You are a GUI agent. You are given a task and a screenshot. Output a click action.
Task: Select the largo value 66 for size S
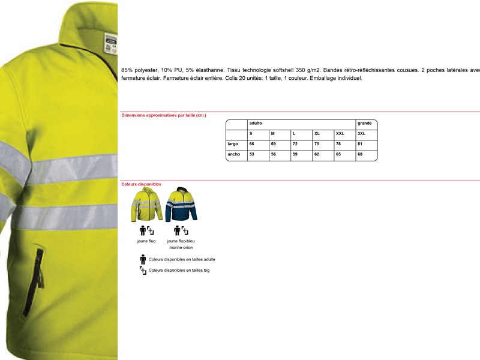[x=252, y=144]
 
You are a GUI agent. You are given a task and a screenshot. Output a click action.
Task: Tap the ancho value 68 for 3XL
[x=360, y=154]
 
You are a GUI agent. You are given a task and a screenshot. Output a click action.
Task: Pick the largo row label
[x=233, y=144]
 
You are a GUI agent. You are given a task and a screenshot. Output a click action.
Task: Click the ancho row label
[x=233, y=154]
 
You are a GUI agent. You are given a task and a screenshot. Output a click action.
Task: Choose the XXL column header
[x=340, y=133]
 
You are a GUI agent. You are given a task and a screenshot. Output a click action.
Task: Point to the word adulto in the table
[x=256, y=123]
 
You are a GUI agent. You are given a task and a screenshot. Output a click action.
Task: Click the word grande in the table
[x=364, y=123]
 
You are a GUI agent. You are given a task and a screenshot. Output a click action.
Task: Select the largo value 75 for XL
[x=316, y=144]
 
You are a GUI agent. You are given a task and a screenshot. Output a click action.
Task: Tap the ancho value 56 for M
[x=273, y=154]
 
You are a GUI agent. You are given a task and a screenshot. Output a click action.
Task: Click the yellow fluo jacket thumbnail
[x=147, y=205]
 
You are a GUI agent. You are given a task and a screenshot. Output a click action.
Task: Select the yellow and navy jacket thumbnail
[x=181, y=205]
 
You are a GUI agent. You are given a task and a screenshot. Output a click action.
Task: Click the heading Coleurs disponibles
[x=141, y=184]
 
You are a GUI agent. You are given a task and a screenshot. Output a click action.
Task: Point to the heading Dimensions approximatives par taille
[x=164, y=115]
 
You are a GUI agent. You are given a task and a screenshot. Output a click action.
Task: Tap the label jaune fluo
[x=146, y=241]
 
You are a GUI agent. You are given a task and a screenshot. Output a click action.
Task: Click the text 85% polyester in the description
[x=139, y=70]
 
